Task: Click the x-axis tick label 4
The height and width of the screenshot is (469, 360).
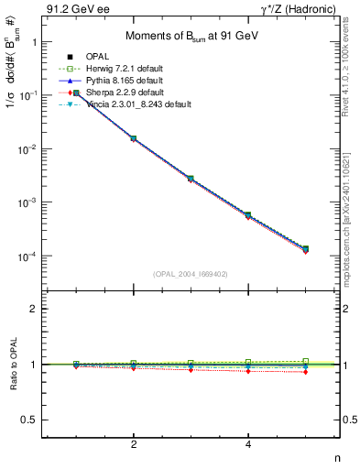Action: pyautogui.click(x=248, y=445)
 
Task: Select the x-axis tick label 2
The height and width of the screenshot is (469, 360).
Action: pyautogui.click(x=134, y=445)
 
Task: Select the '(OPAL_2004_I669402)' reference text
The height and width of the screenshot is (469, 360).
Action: pyautogui.click(x=191, y=273)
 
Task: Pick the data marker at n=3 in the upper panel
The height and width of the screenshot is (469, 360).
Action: pyautogui.click(x=191, y=179)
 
